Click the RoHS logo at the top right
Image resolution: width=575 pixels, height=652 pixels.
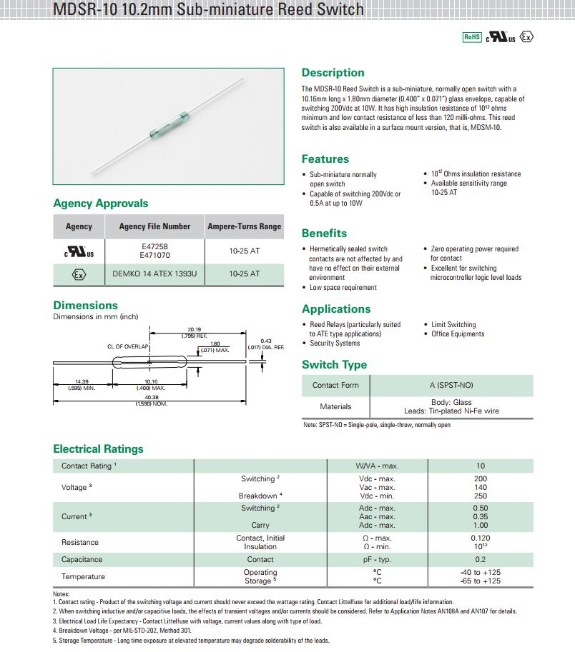pyautogui.click(x=472, y=37)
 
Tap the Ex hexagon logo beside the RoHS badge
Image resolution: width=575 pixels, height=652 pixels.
pyautogui.click(x=527, y=37)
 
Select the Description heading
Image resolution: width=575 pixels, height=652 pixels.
pyautogui.click(x=333, y=73)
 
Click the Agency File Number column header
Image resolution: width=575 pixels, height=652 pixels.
pyautogui.click(x=154, y=226)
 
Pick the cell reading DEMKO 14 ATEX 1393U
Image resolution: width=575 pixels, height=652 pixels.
pyautogui.click(x=154, y=274)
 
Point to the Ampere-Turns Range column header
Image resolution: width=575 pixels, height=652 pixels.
pyautogui.click(x=244, y=226)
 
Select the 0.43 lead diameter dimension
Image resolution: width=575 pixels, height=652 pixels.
pyautogui.click(x=266, y=341)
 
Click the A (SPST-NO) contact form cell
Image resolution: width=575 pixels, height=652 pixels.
pyautogui.click(x=451, y=385)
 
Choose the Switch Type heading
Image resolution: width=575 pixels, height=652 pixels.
pyautogui.click(x=334, y=365)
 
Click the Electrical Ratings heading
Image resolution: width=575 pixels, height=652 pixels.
pyautogui.click(x=98, y=449)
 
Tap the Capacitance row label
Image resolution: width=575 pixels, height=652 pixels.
pyautogui.click(x=82, y=559)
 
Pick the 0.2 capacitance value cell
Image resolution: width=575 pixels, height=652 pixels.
pyautogui.click(x=480, y=559)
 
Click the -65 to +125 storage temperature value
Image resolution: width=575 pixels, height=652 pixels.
pyautogui.click(x=480, y=581)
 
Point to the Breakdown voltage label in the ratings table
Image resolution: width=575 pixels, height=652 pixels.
pyautogui.click(x=258, y=496)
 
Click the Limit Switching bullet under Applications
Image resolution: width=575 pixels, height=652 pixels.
pyautogui.click(x=453, y=324)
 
